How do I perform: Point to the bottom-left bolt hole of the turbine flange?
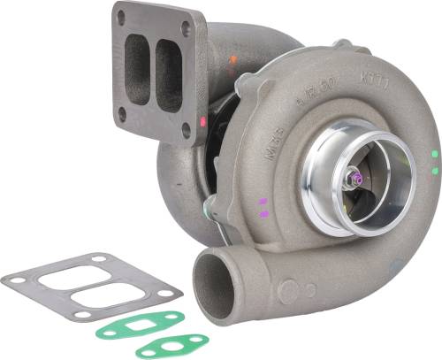(x=121, y=113)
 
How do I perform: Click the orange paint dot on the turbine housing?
(x=232, y=60)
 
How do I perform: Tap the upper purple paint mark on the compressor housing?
(x=263, y=203)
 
